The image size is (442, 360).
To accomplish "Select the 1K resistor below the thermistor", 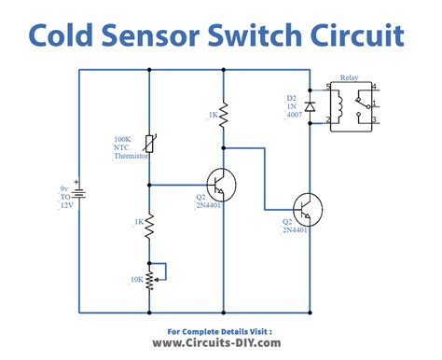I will (149, 228).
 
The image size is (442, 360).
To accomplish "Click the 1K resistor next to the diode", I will (223, 115).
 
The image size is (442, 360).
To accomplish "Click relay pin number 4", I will (374, 88).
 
